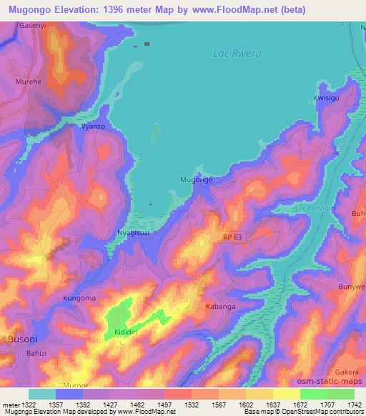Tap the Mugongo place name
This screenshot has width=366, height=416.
(x=196, y=179)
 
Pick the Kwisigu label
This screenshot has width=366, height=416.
(x=327, y=98)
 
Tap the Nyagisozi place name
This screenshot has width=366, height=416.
(x=133, y=234)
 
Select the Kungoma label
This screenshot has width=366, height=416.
(x=79, y=297)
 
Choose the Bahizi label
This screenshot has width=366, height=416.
(x=37, y=353)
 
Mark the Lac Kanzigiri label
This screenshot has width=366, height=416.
(x=312, y=208)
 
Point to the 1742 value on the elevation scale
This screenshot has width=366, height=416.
(x=354, y=404)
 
